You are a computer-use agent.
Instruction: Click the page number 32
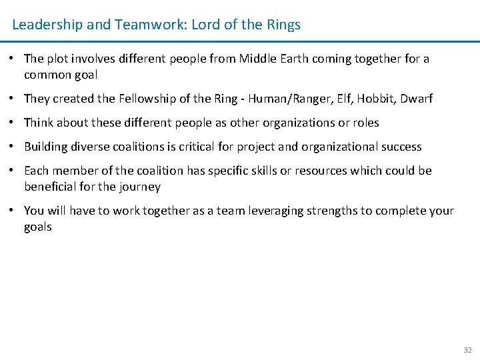point(467,350)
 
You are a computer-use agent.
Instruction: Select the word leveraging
point(283,211)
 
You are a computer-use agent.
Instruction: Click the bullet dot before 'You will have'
point(13,211)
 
